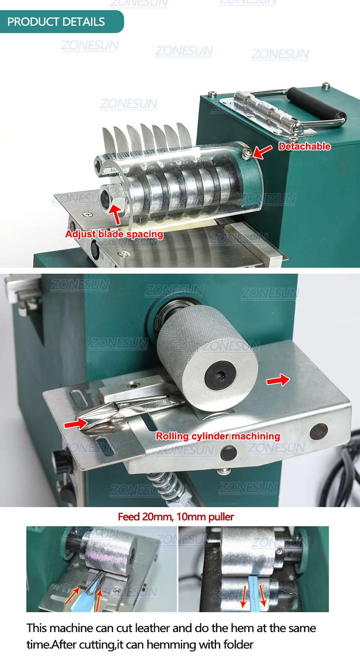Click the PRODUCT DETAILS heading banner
(x=59, y=22)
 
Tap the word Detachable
(x=304, y=147)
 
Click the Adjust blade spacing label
(x=114, y=234)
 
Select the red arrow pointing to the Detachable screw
(x=263, y=151)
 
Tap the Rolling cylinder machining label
(x=218, y=436)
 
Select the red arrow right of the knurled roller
(x=278, y=380)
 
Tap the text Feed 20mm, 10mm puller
(x=176, y=517)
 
